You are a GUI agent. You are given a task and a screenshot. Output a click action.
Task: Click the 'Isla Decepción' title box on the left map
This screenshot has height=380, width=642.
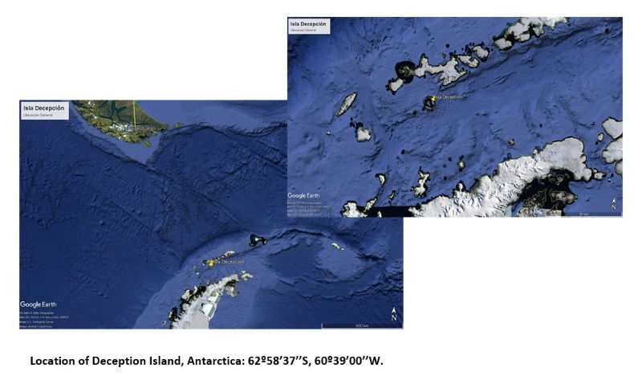(44, 109)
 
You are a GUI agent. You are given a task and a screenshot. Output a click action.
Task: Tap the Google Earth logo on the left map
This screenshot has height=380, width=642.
(42, 304)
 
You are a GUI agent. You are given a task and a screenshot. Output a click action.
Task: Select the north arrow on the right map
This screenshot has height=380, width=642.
(613, 204)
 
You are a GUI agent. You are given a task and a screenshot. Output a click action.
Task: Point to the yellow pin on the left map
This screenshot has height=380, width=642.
(211, 263)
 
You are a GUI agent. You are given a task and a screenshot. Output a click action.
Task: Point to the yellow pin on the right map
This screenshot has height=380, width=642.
(433, 98)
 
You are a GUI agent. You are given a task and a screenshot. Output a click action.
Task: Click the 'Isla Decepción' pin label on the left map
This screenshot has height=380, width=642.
(228, 262)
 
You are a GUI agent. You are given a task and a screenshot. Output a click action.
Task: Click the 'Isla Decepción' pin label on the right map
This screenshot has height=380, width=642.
(450, 97)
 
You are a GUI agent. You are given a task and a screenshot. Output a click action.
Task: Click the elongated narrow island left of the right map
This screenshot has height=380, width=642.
(347, 103)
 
